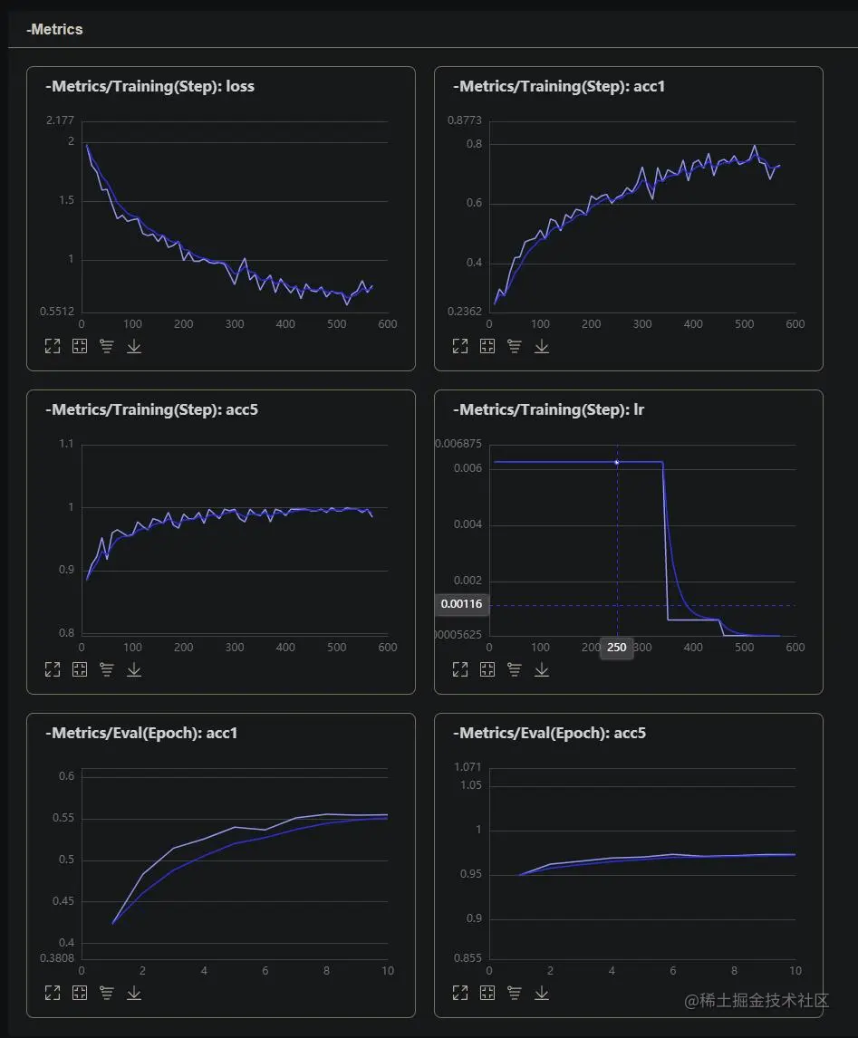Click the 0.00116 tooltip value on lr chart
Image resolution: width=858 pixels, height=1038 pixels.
pyautogui.click(x=462, y=604)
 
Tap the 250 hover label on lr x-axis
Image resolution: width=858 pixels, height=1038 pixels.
pyautogui.click(x=617, y=648)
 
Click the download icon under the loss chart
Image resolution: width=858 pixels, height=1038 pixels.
pyautogui.click(x=134, y=346)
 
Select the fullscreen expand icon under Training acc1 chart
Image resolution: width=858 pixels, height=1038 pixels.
pyautogui.click(x=460, y=346)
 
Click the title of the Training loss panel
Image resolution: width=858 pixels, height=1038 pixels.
pyautogui.click(x=149, y=87)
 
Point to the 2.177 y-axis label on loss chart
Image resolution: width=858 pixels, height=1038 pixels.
pyautogui.click(x=60, y=120)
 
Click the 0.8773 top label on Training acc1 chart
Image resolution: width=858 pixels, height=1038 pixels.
pyautogui.click(x=466, y=120)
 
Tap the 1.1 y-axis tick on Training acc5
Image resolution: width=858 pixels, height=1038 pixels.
pyautogui.click(x=67, y=444)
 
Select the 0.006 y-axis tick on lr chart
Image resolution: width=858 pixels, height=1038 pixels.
pyautogui.click(x=468, y=468)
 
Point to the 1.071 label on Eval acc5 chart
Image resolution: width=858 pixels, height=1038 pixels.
pyautogui.click(x=468, y=767)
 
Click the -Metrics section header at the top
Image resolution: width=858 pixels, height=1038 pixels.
pyautogui.click(x=54, y=30)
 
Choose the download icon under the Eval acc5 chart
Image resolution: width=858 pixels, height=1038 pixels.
pyautogui.click(x=542, y=993)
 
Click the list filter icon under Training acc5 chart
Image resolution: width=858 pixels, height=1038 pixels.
pyautogui.click(x=107, y=669)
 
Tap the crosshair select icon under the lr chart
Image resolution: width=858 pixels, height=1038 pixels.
pyautogui.click(x=487, y=669)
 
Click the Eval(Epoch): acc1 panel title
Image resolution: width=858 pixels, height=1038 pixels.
pyautogui.click(x=141, y=734)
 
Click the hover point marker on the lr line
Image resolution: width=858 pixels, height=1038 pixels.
pyautogui.click(x=617, y=462)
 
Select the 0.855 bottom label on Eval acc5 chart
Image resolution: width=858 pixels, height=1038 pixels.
pyautogui.click(x=468, y=957)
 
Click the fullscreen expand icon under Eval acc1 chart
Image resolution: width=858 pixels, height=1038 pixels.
pyautogui.click(x=53, y=993)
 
